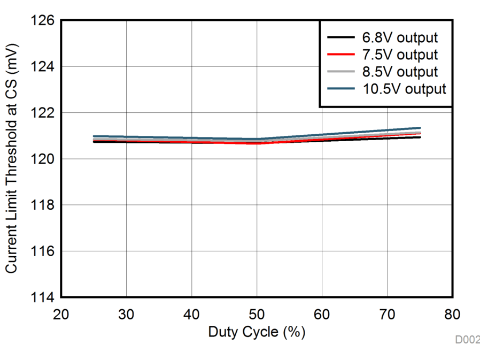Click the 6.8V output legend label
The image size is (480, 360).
[399, 37]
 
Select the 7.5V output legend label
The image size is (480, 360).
[399, 55]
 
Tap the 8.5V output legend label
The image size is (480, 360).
[399, 72]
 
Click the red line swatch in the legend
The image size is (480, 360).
[340, 55]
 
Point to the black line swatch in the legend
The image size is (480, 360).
[340, 37]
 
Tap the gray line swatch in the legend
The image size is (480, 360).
[340, 72]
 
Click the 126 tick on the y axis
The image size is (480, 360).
[44, 20]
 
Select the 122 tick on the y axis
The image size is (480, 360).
[44, 113]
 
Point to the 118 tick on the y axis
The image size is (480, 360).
[44, 205]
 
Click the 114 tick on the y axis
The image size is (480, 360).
[44, 297]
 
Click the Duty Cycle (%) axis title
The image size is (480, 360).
[257, 332]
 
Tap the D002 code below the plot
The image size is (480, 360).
[467, 340]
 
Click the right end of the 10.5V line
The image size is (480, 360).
[420, 128]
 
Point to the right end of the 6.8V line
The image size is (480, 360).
[420, 137]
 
